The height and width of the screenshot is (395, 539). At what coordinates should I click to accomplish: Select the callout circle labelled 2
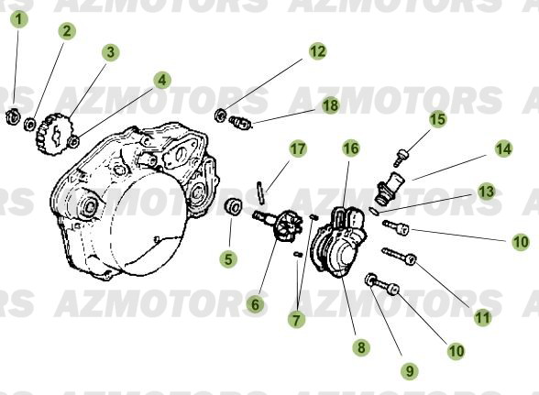[66, 31]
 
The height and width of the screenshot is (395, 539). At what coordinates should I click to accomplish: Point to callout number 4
[161, 81]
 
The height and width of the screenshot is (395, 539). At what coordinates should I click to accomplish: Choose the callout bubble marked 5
[228, 260]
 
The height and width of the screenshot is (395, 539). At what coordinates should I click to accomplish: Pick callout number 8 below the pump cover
[362, 347]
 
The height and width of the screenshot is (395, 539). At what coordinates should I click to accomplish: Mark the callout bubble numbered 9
[409, 370]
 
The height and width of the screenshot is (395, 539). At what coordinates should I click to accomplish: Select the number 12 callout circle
[316, 52]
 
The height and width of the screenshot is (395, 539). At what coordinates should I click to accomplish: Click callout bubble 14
[503, 147]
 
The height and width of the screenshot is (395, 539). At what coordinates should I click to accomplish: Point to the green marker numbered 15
[437, 119]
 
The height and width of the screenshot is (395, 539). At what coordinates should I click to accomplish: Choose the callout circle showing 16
[351, 148]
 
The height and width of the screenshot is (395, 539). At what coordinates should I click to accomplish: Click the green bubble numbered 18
[330, 106]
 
